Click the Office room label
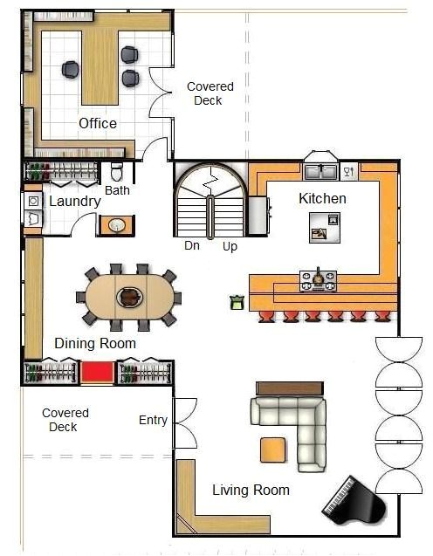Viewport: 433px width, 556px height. [x=97, y=123]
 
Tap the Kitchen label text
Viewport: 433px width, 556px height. [x=322, y=199]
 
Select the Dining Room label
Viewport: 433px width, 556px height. [x=95, y=343]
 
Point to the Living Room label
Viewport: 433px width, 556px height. [x=251, y=491]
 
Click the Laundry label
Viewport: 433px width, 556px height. [x=74, y=202]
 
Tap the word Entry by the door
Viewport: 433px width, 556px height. [x=153, y=421]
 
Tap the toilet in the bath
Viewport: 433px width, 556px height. [x=117, y=172]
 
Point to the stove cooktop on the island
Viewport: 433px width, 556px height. [x=318, y=280]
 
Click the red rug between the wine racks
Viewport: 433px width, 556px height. [x=98, y=373]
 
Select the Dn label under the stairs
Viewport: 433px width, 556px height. [x=192, y=246]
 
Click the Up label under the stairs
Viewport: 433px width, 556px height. [x=230, y=246]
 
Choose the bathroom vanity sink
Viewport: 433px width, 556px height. [x=116, y=225]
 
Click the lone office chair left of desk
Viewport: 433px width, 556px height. [x=71, y=70]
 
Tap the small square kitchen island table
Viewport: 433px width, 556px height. [x=324, y=229]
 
